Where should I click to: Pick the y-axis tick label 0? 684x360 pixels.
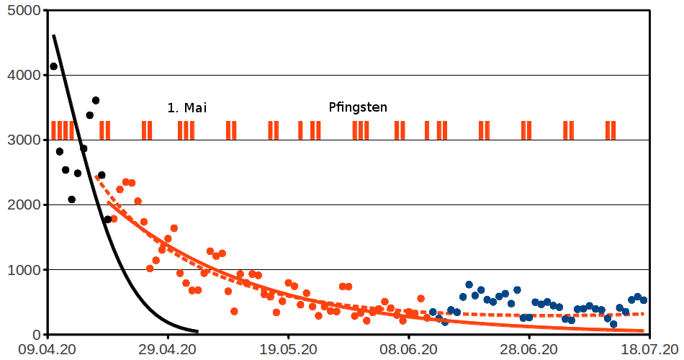click(x=35, y=335)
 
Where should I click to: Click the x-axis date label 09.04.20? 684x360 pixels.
click(x=47, y=349)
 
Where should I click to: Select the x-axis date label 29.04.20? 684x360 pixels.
click(x=168, y=349)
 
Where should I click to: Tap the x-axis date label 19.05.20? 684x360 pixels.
click(x=288, y=349)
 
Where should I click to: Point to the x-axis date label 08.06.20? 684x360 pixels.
click(x=408, y=349)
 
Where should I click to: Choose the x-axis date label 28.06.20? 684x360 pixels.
click(x=528, y=349)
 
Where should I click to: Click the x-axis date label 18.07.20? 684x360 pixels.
click(x=649, y=349)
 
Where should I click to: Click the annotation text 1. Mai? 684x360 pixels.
click(x=186, y=108)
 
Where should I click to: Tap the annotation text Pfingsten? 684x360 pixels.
click(x=358, y=108)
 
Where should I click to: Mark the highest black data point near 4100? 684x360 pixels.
click(x=53, y=67)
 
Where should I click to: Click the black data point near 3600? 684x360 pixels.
click(x=96, y=101)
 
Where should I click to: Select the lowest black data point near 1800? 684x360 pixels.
click(x=107, y=220)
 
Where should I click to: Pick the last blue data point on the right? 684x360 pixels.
click(x=644, y=300)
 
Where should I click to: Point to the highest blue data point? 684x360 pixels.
click(x=469, y=285)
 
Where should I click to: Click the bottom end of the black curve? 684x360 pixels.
click(x=197, y=331)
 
